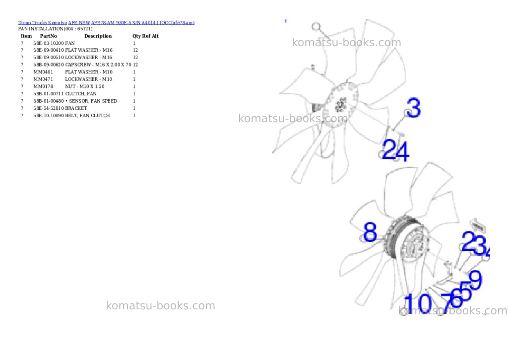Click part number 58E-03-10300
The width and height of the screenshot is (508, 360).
coord(49,43)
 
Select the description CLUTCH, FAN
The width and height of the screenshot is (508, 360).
coord(81,94)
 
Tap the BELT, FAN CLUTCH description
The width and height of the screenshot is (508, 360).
coord(87,116)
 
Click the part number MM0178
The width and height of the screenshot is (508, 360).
coord(43,86)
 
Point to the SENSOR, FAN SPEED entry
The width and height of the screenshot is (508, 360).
coord(91,101)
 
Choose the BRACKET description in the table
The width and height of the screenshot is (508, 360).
coord(76,108)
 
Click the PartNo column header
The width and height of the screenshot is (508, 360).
coord(48,36)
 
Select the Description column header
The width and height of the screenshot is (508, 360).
coord(98,36)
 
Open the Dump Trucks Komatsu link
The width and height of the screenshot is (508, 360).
coord(43,23)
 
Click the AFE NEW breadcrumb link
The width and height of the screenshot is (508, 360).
coord(79,23)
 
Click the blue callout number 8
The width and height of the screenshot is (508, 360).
coord(370,232)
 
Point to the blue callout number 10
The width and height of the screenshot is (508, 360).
coord(418,303)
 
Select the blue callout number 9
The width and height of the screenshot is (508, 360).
coord(475,280)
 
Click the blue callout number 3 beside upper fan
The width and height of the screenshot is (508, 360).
coord(414,108)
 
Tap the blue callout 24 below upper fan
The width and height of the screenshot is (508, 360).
coord(395,150)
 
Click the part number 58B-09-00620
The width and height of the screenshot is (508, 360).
coord(49,65)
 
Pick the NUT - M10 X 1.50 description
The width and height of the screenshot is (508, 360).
coord(85,86)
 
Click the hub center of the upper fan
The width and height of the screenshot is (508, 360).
coord(340,104)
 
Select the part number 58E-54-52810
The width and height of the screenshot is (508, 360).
coord(49,108)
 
